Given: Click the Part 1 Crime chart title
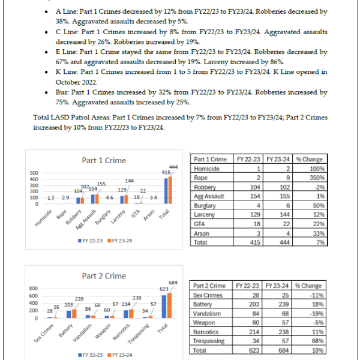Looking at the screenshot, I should tap(103, 161).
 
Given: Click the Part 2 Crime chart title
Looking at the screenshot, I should tap(103, 276).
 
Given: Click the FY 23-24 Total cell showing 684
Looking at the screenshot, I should tap(281, 349).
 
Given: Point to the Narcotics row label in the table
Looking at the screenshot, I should tap(208, 331).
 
